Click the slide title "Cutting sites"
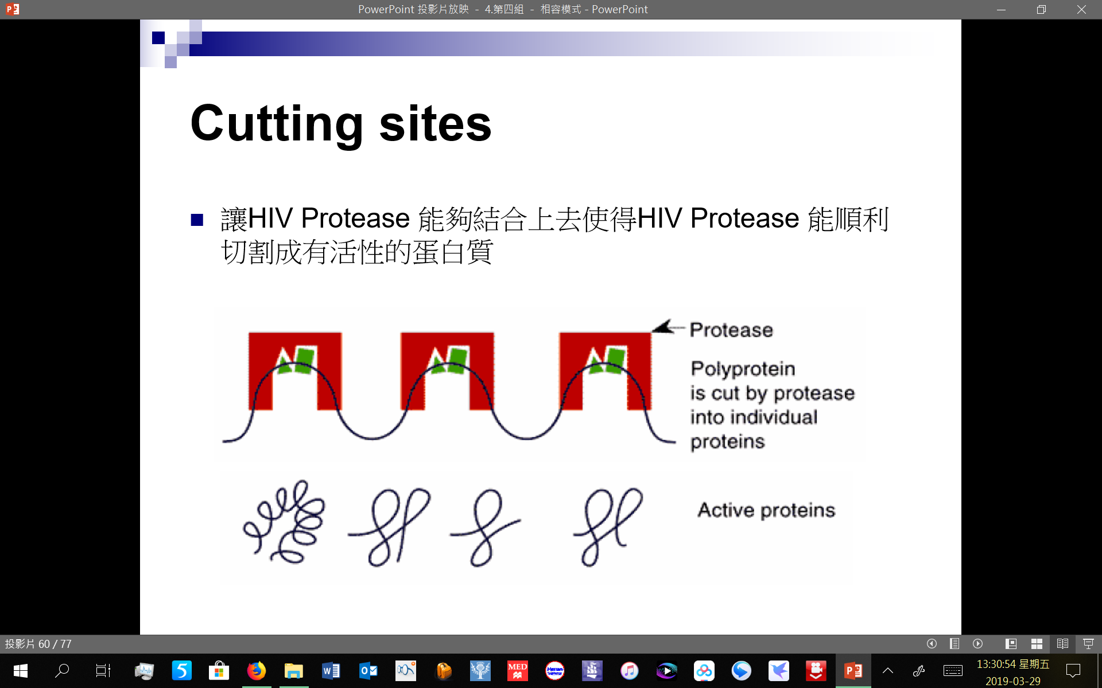(341, 124)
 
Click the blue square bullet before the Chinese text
(197, 220)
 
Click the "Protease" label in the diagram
(731, 330)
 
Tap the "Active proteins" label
(766, 510)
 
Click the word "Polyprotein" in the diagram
(743, 369)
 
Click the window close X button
(1081, 9)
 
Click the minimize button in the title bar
(1001, 9)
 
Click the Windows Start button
(21, 670)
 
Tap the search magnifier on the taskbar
(61, 670)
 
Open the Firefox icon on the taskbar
(257, 670)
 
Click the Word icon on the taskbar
(331, 670)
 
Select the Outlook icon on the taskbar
(368, 670)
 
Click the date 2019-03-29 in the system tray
(1012, 681)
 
